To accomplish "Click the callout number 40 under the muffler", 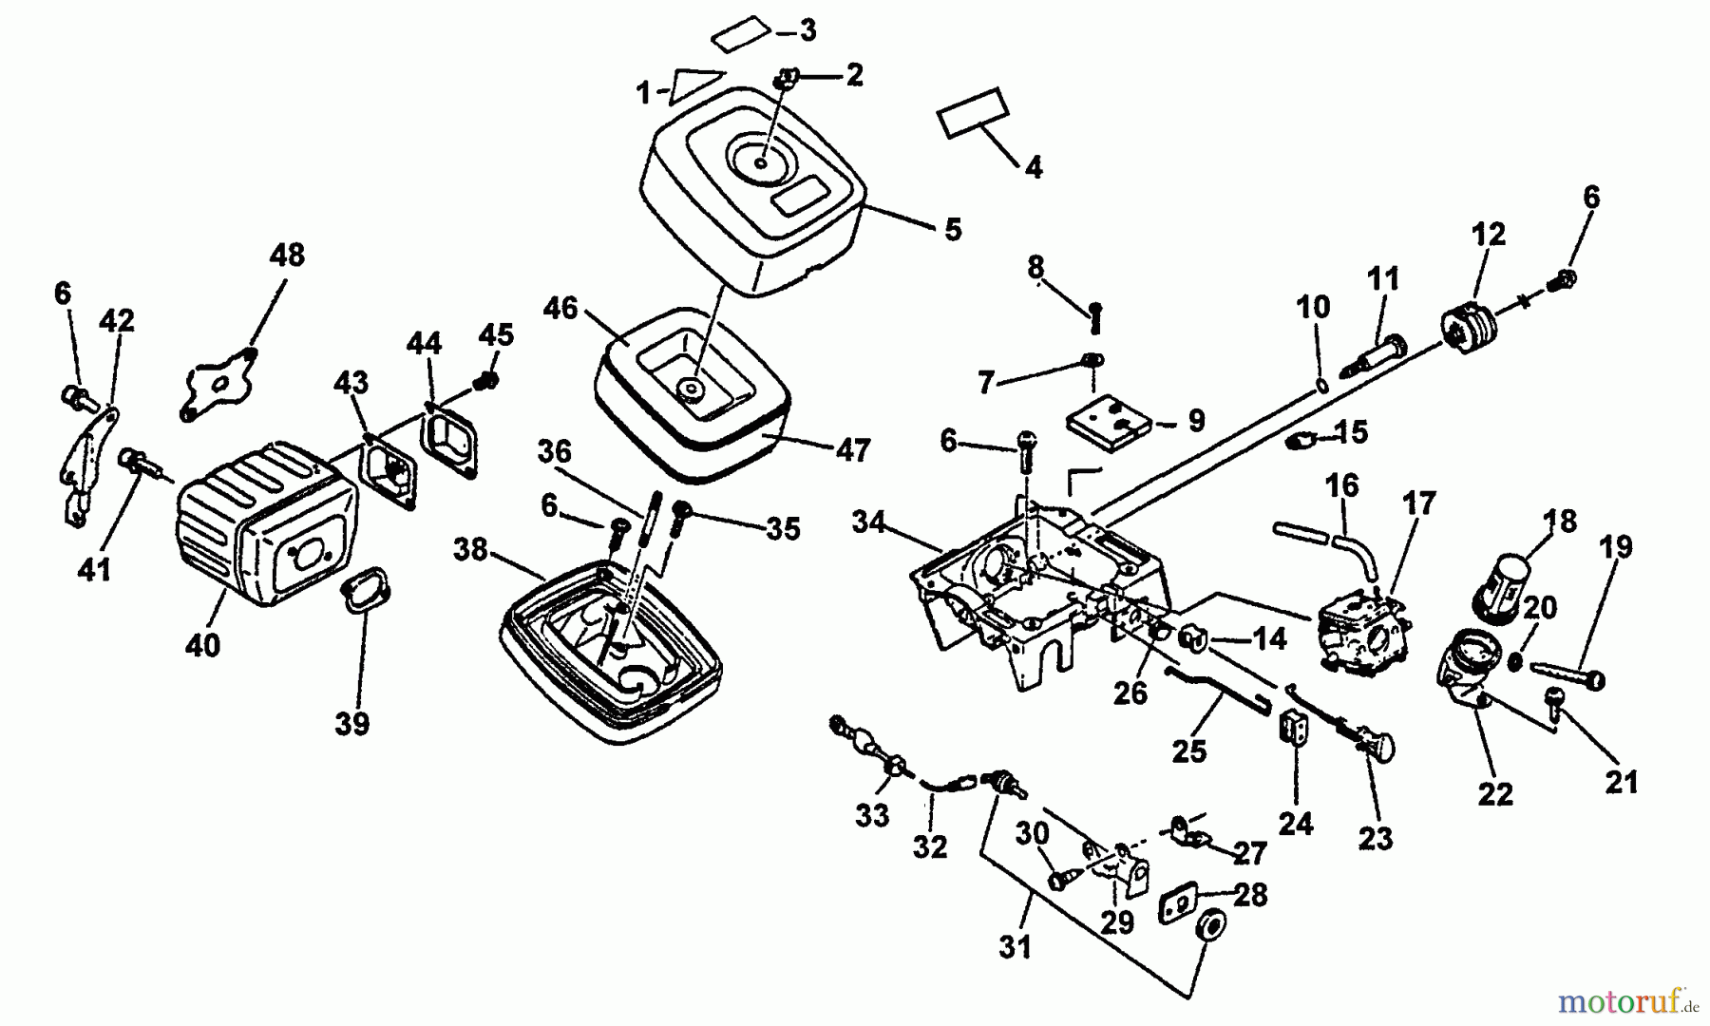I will [x=202, y=645].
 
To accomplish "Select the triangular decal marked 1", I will [x=695, y=85].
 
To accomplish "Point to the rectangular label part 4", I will [x=972, y=114].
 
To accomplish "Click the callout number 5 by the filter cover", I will [x=953, y=229].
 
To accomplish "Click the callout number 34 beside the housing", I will [x=869, y=522].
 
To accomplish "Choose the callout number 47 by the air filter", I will [x=853, y=449].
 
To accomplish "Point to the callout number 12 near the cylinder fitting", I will [x=1488, y=234].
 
